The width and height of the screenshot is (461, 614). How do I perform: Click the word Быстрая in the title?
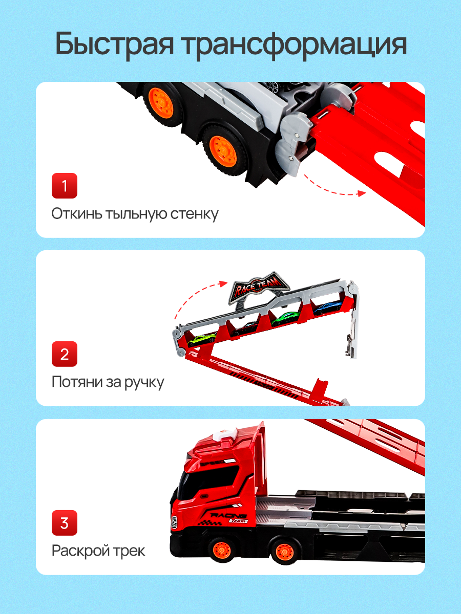(114, 45)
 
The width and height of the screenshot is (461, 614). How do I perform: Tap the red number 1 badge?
(65, 186)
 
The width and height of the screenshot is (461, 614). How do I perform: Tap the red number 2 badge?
(65, 354)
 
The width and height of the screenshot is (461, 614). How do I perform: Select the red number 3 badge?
(65, 523)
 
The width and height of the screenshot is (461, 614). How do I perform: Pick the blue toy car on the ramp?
(327, 308)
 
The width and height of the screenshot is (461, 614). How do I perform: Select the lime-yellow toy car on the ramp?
(201, 339)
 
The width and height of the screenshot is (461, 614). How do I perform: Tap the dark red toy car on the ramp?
(245, 328)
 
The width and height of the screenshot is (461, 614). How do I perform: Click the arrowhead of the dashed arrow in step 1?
(362, 193)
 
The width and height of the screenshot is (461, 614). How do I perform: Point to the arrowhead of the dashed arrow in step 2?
(223, 283)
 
